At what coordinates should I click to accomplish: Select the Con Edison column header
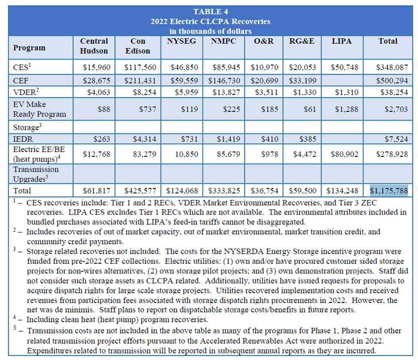[138, 46]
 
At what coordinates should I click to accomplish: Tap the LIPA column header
[341, 41]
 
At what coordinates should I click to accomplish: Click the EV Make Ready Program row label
[39, 109]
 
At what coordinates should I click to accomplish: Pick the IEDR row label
[23, 139]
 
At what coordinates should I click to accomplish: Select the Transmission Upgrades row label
[36, 174]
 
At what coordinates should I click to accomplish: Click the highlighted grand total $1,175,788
[389, 190]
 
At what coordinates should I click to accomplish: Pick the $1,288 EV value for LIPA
[346, 109]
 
